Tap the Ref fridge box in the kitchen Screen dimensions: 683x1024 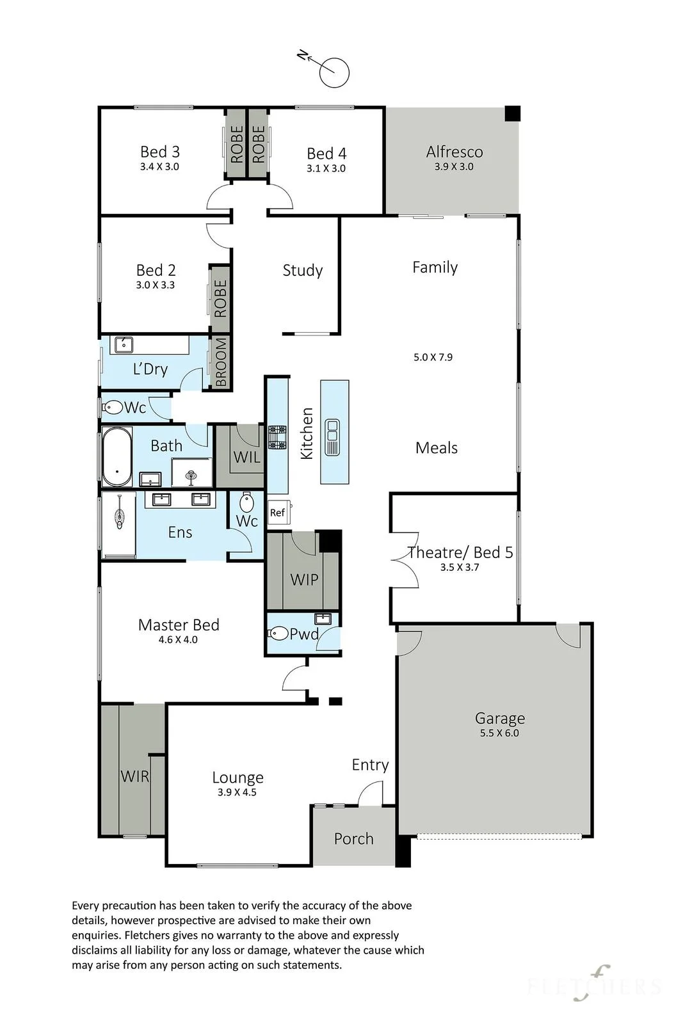click(x=278, y=513)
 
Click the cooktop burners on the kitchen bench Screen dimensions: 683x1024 click(x=278, y=438)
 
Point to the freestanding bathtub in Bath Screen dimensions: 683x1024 click(x=117, y=457)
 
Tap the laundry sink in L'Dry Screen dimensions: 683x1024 click(x=124, y=345)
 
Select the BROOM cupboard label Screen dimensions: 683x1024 click(x=220, y=362)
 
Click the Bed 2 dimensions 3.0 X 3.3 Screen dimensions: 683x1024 click(x=155, y=285)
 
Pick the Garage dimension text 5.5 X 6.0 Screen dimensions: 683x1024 click(x=499, y=733)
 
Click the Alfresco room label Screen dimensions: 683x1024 click(x=454, y=151)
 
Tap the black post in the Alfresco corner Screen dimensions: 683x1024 click(x=513, y=113)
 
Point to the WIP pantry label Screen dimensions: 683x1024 click(x=304, y=579)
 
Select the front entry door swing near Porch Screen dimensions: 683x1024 click(x=370, y=793)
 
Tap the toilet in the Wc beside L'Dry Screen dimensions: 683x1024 click(x=111, y=406)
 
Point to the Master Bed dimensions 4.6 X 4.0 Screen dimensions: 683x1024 click(x=178, y=639)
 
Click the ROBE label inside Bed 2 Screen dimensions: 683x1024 click(x=220, y=298)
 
